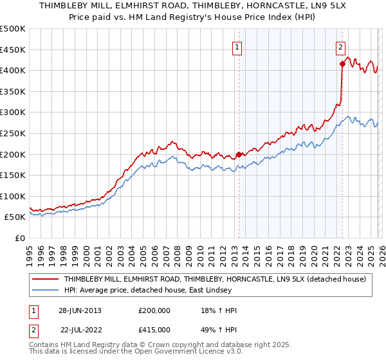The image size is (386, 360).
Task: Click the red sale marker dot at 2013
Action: (239, 154)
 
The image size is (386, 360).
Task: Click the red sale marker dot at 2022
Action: (342, 64)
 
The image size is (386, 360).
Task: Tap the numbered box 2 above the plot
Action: (340, 46)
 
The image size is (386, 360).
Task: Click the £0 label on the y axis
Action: (19, 239)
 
